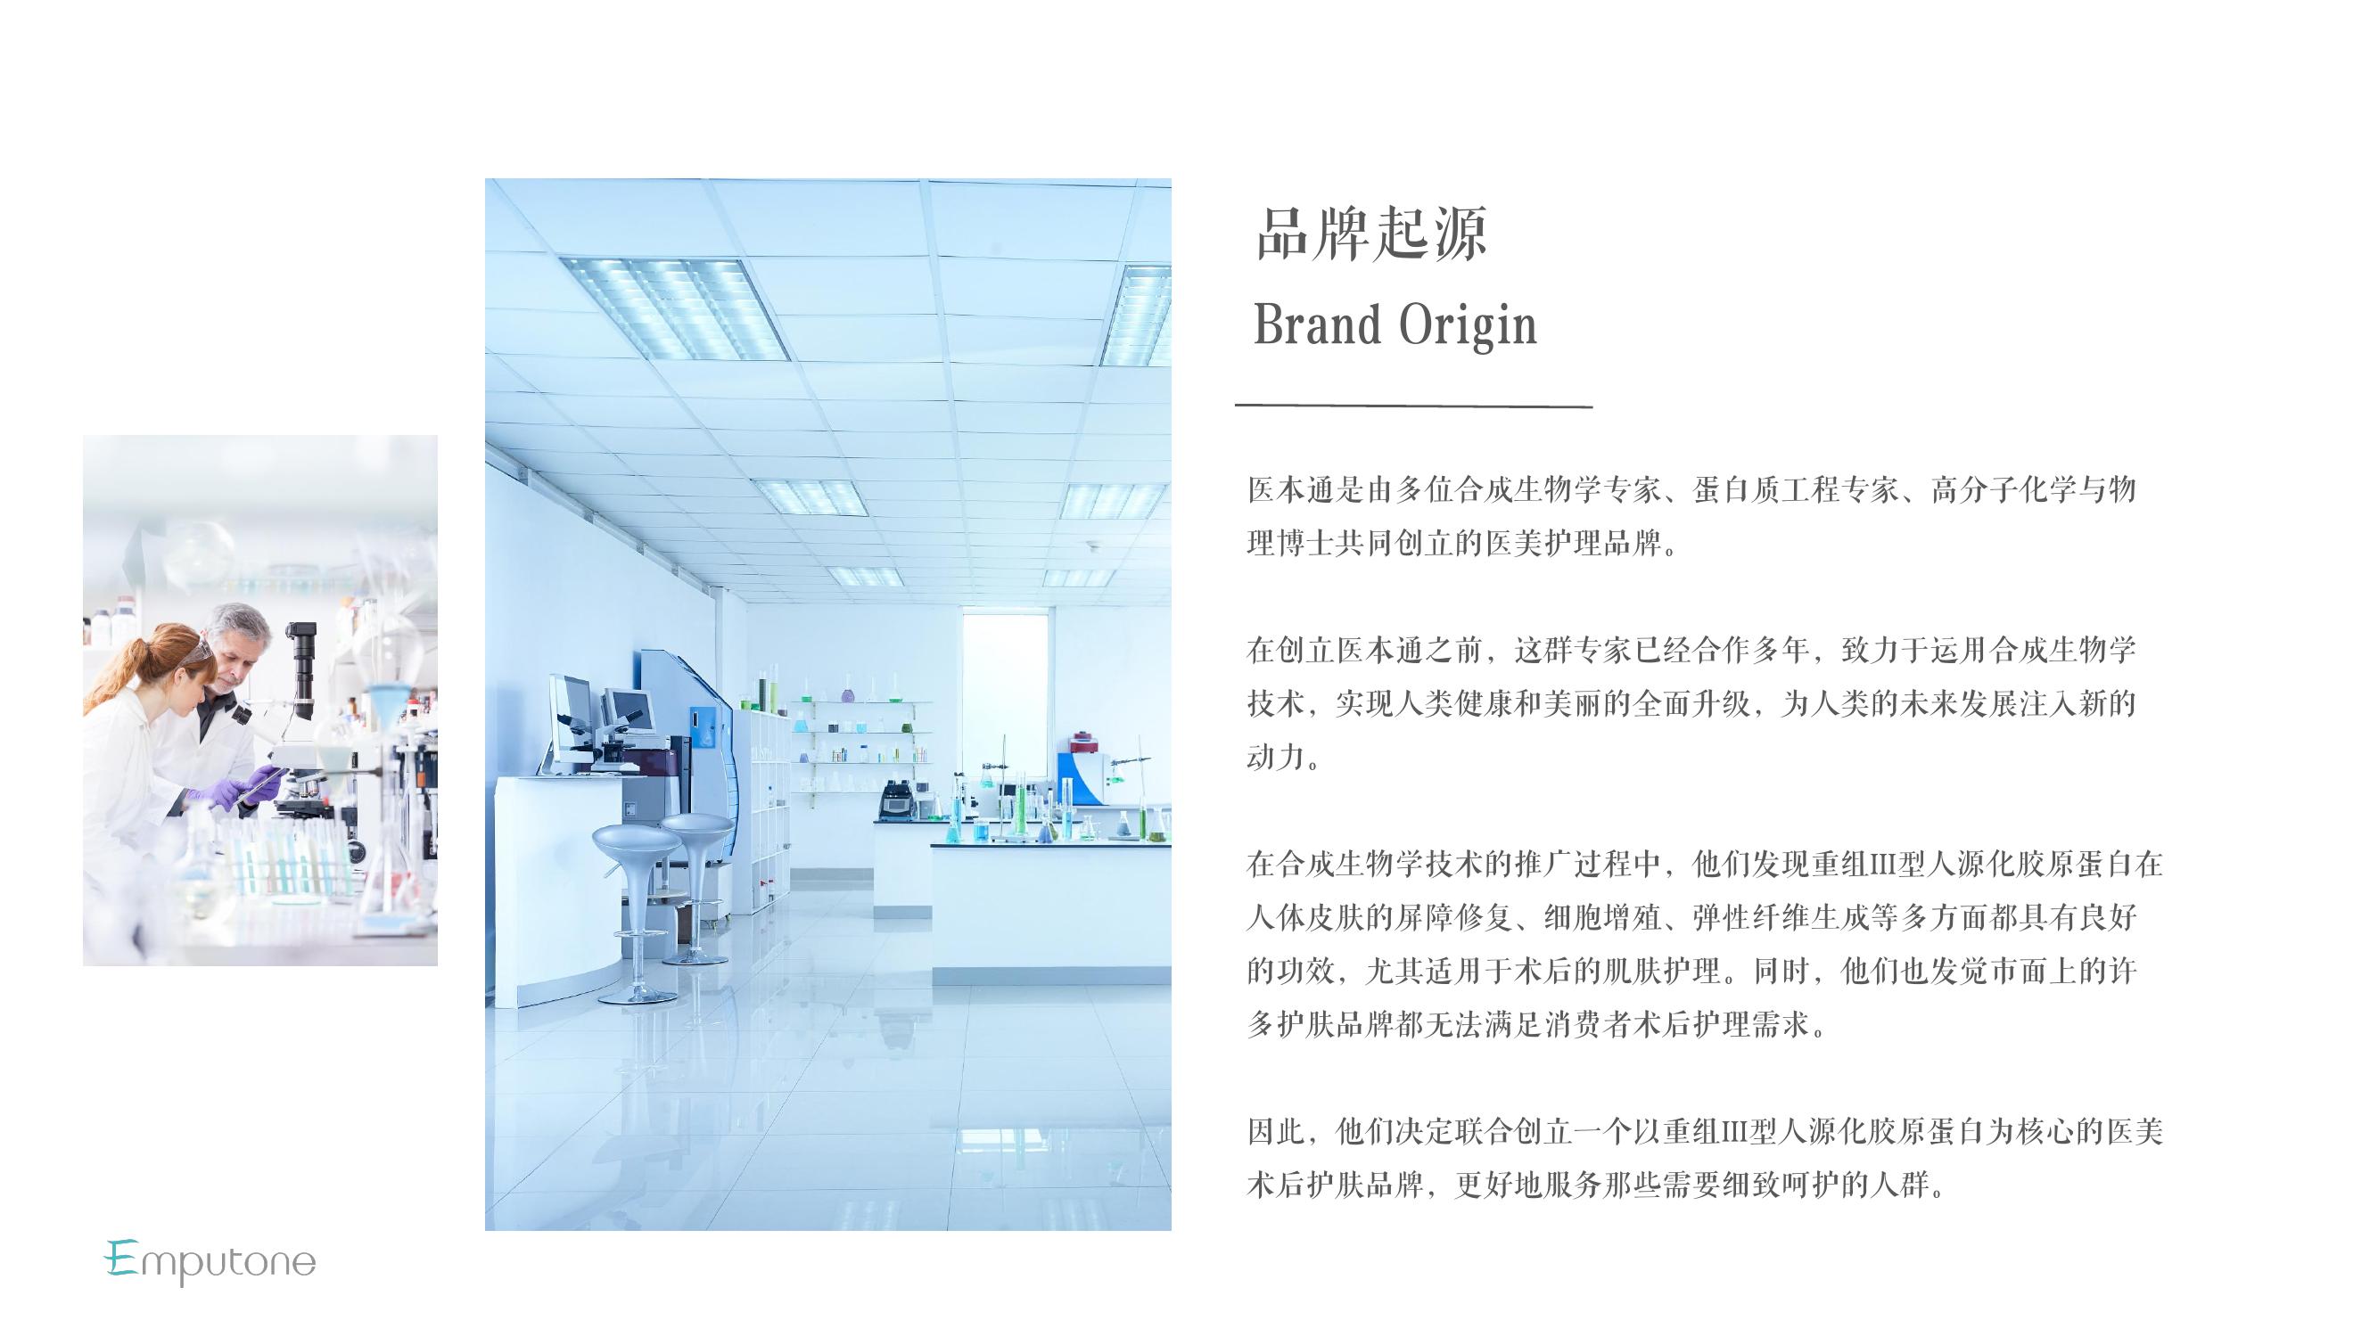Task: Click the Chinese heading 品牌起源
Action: (x=1370, y=234)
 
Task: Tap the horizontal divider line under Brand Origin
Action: (x=1413, y=405)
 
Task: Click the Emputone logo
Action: (x=210, y=1261)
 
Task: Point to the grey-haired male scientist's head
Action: (x=238, y=641)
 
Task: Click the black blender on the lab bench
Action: (x=894, y=800)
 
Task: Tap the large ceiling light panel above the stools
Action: (x=675, y=308)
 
